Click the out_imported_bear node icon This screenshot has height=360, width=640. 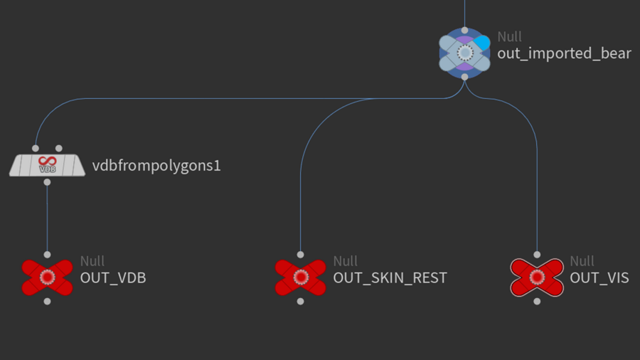(464, 53)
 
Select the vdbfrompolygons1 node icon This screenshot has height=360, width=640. (47, 165)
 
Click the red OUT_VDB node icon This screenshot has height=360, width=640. (48, 277)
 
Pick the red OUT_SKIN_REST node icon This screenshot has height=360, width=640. (300, 277)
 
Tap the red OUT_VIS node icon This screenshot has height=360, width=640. (537, 277)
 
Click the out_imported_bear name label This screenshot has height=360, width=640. (564, 53)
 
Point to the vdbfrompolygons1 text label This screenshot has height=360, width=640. (156, 166)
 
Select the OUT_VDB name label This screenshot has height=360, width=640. (113, 277)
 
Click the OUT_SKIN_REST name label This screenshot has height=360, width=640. (390, 277)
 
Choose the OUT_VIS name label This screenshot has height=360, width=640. (599, 277)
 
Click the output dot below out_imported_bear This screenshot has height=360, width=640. (464, 76)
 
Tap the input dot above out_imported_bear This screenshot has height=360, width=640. (464, 31)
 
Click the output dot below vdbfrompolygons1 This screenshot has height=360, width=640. (47, 182)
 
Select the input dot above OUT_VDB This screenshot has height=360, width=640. (48, 254)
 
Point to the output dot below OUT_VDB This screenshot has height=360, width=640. (48, 301)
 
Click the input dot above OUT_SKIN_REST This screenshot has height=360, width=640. (300, 254)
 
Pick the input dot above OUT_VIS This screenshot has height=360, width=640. (537, 254)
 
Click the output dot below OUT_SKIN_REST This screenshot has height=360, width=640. (300, 301)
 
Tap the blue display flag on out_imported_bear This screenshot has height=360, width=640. (483, 43)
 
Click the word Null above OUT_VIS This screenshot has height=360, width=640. (582, 261)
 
